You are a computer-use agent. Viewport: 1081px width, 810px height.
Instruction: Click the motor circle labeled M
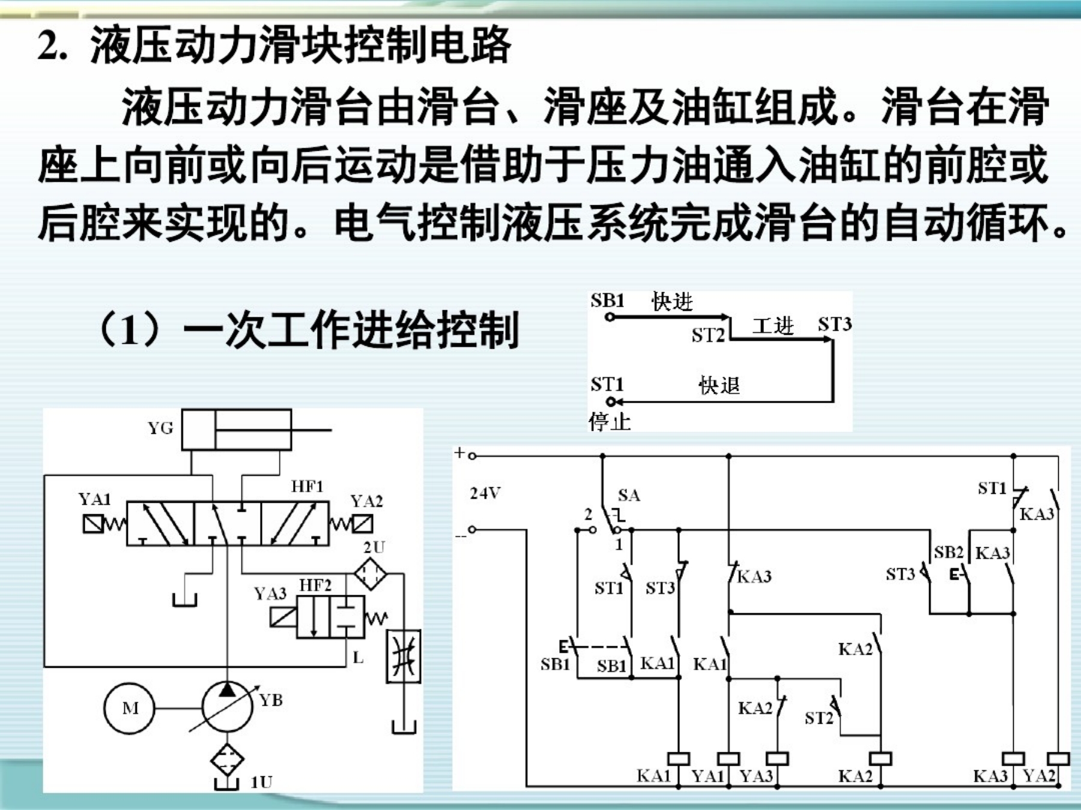point(130,709)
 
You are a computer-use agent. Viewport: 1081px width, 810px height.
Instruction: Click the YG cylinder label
point(160,428)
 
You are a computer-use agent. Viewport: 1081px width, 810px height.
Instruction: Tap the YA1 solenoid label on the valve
point(94,499)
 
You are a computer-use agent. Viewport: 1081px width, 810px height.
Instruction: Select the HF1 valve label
point(307,486)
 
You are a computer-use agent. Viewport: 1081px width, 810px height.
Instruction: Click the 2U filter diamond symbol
point(370,574)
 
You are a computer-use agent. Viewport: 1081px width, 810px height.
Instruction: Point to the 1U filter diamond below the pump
point(227,759)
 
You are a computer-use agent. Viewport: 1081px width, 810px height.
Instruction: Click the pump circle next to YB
point(227,708)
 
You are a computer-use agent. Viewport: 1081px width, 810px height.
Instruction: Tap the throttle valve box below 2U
point(403,656)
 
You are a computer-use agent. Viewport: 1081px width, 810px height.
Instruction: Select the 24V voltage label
point(485,493)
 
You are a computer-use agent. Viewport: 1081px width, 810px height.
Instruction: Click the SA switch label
point(629,495)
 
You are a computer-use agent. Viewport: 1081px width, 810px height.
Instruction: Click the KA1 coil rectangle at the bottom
point(679,759)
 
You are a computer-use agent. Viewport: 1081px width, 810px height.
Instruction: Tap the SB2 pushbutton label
point(948,552)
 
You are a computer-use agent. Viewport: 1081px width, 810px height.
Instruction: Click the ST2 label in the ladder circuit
point(819,718)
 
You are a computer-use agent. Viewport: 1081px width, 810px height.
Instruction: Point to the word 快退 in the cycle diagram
point(719,385)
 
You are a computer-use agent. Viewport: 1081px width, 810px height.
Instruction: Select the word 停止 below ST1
point(610,422)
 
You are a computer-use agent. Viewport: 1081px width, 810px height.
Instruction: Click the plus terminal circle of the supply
point(472,456)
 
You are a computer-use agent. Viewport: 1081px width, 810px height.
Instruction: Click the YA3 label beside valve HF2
point(270,593)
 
